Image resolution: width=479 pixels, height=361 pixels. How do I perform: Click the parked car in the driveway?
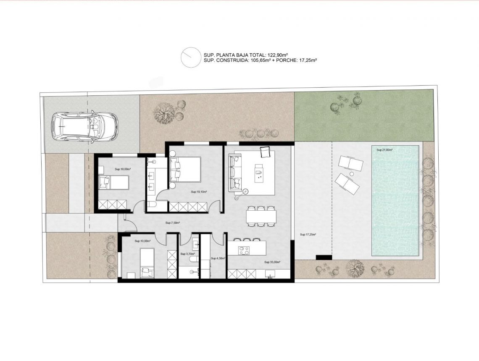[x=84, y=126]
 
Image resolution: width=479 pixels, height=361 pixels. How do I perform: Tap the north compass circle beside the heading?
[x=190, y=57]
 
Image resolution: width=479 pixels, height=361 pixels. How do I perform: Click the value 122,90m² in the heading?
[x=278, y=55]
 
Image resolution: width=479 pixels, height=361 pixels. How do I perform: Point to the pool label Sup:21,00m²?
[x=384, y=150]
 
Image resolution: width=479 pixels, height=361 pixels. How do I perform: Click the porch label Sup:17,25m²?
[x=308, y=235]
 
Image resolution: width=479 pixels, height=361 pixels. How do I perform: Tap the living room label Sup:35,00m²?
[x=272, y=262]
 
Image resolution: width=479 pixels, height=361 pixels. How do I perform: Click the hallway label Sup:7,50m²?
[x=173, y=223]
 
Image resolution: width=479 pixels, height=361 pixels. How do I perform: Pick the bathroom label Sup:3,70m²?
[x=187, y=254]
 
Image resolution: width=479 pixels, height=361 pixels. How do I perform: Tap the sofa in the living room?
[x=234, y=172]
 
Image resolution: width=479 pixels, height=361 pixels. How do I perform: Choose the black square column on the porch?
[x=324, y=257]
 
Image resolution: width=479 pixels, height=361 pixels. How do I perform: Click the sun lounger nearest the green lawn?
[x=350, y=163]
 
